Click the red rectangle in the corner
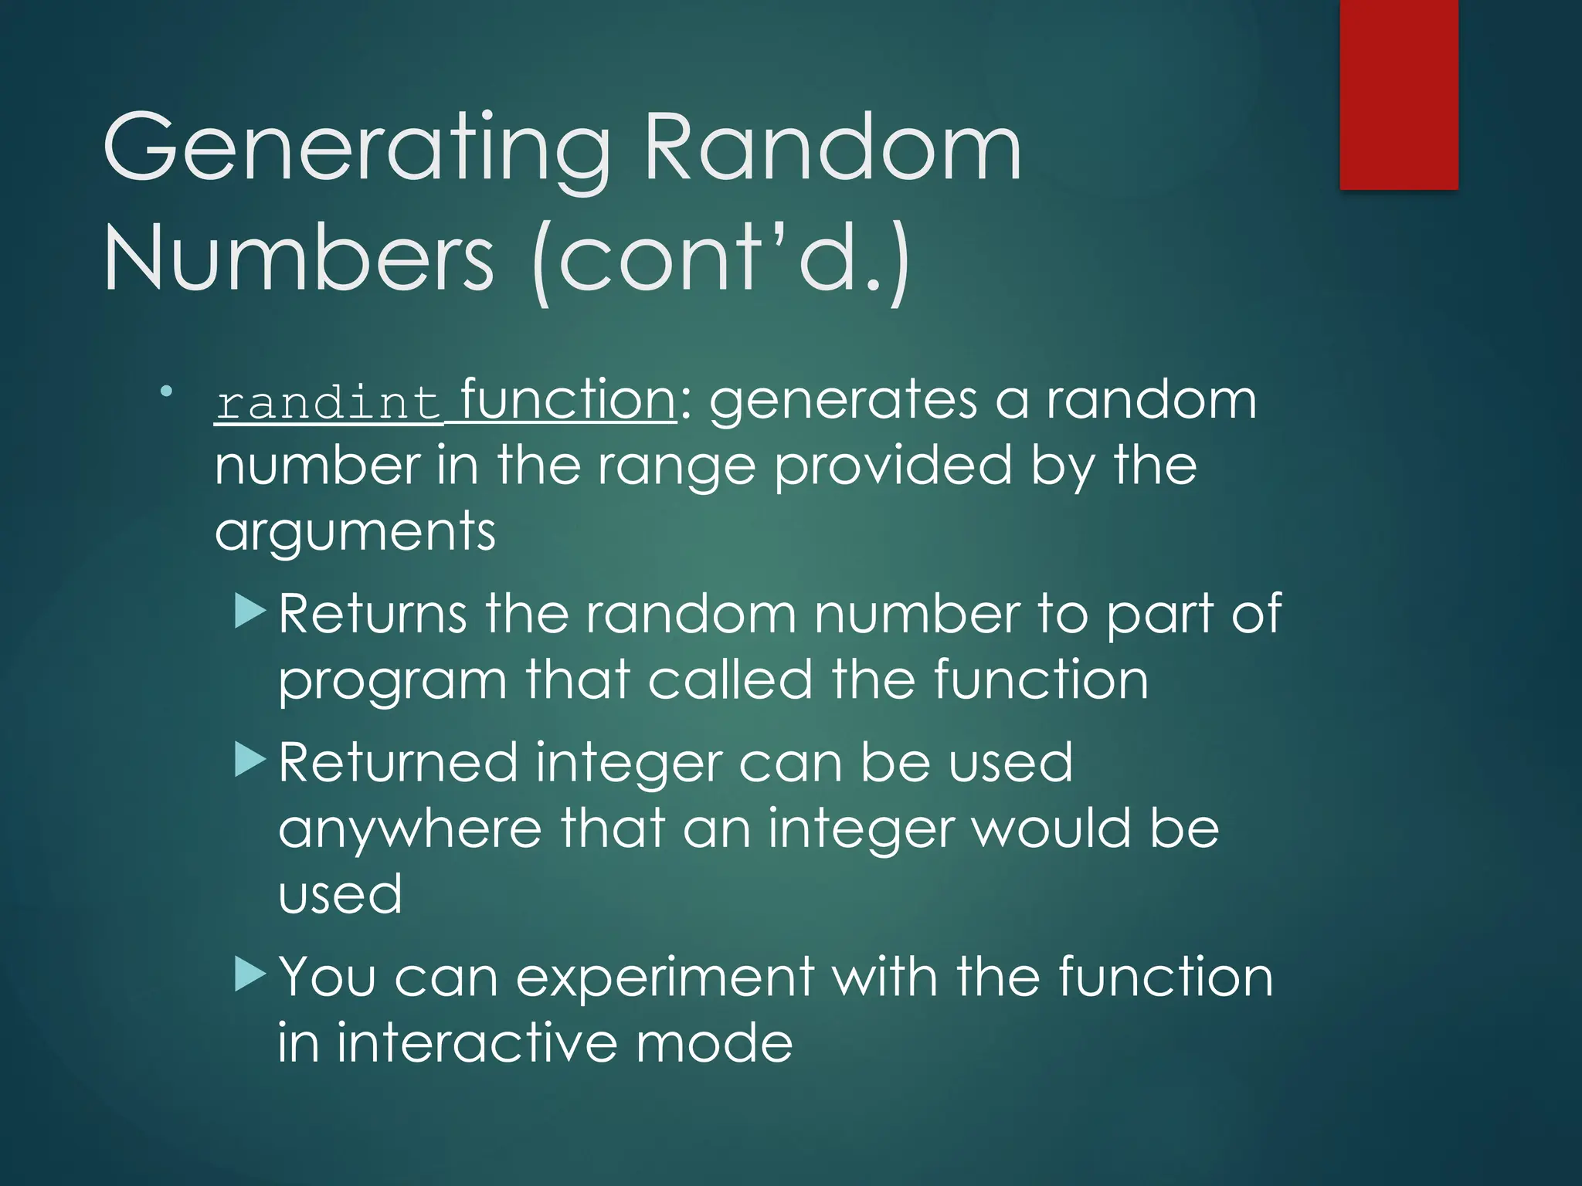(1398, 94)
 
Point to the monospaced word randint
(328, 403)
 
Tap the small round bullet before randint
(166, 391)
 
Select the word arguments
(355, 533)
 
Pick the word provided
(892, 466)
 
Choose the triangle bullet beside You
(250, 974)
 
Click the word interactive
(477, 1043)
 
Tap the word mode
(715, 1043)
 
